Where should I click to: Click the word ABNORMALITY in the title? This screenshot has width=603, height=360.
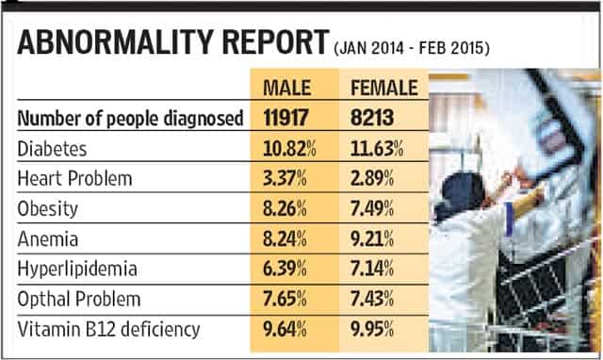[116, 41]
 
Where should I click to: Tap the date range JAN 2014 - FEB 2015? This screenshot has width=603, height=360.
[412, 48]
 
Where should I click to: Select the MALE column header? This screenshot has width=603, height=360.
[286, 88]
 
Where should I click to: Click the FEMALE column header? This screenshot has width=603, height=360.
[384, 88]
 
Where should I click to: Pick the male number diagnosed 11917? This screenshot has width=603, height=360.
[285, 118]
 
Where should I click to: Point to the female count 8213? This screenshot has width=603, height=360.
[372, 118]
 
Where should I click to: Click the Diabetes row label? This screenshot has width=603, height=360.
[52, 149]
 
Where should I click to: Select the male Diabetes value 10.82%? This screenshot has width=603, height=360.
[289, 149]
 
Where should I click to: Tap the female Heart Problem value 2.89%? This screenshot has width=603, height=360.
[372, 178]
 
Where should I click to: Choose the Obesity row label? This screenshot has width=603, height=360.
[48, 209]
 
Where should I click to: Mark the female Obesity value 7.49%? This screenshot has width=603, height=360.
[372, 208]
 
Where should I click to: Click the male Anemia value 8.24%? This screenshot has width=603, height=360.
[285, 238]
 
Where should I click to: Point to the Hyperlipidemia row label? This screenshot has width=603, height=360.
[77, 270]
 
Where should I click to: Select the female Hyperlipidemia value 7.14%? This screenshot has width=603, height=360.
[372, 269]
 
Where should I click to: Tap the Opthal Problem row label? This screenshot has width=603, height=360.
[79, 300]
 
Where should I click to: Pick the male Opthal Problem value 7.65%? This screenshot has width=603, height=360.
[285, 299]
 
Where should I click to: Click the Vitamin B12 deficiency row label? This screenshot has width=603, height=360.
[109, 330]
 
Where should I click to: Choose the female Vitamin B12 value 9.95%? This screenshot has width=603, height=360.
[372, 329]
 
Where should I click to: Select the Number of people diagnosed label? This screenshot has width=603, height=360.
[130, 119]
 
